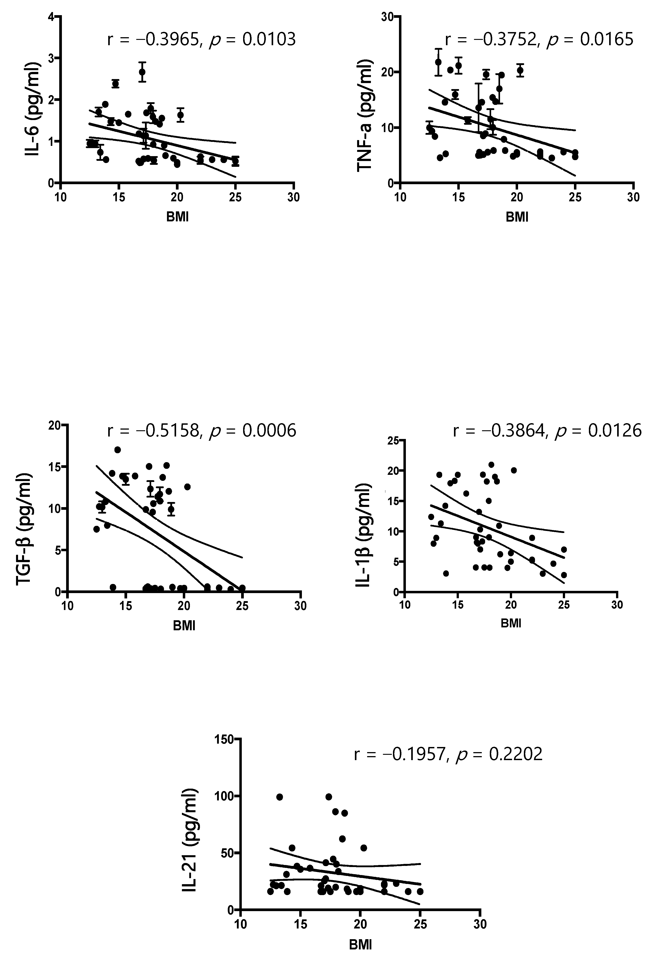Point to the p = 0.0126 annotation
pyautogui.click(x=598, y=431)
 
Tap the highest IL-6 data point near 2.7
pyautogui.click(x=142, y=72)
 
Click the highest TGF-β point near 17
pyautogui.click(x=118, y=450)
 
